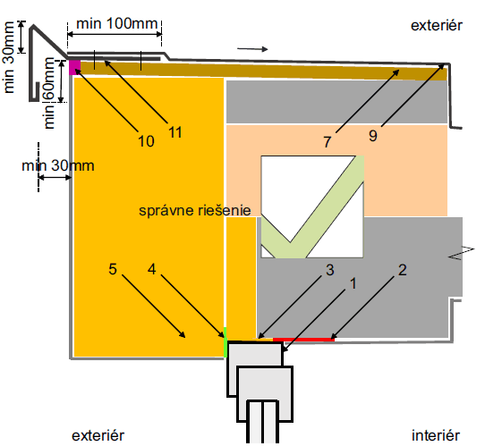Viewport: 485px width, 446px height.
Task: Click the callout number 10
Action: tap(146, 141)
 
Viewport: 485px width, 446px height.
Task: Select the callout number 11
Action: tap(175, 132)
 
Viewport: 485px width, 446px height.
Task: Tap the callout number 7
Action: tap(328, 142)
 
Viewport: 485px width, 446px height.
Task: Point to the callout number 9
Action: tap(373, 136)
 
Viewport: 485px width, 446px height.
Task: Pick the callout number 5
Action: tap(113, 269)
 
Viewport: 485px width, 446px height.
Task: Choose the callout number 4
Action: tap(151, 269)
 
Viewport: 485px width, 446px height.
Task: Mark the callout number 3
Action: tap(330, 270)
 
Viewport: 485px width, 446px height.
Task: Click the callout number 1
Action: tap(353, 283)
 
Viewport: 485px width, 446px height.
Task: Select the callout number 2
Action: tap(402, 270)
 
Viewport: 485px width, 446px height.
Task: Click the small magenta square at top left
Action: tap(74, 67)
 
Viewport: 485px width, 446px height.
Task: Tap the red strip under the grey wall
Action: tap(303, 340)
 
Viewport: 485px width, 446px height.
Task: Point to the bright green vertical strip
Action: tap(225, 342)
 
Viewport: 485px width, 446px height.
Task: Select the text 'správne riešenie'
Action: tap(195, 211)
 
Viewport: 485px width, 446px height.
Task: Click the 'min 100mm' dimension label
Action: tap(117, 23)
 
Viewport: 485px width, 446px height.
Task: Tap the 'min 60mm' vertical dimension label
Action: tap(49, 93)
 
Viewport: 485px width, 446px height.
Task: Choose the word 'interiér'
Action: tap(436, 435)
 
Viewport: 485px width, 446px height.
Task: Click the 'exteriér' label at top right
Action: tap(437, 25)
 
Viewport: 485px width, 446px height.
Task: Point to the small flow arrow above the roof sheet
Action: tap(252, 49)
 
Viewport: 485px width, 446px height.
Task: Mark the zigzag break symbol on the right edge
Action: tap(461, 253)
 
